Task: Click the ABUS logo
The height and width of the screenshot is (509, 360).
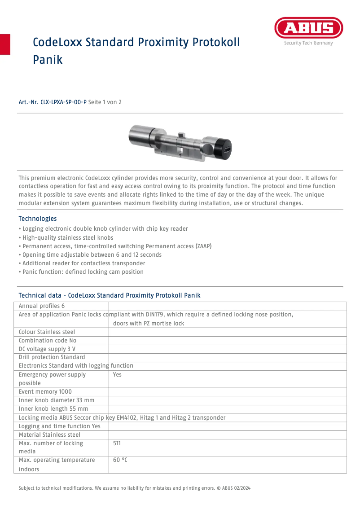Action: pos(308,29)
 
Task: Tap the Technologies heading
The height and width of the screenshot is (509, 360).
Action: pos(38,219)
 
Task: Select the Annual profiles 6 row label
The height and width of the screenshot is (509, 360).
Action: pos(42,306)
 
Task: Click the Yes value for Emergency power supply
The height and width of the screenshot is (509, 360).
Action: pos(117,374)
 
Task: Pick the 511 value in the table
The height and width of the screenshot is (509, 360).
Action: pos(117,443)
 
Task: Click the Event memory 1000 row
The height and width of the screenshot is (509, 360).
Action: pos(45,391)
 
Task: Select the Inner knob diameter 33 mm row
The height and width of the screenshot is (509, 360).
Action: pos(57,400)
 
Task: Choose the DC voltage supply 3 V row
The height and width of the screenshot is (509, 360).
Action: pos(47,349)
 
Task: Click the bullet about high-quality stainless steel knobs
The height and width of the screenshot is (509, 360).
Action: pos(68,237)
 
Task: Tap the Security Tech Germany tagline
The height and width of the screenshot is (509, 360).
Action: pos(308,43)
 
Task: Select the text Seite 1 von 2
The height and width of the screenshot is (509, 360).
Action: pos(105,102)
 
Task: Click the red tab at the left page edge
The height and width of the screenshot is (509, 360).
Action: pos(5,44)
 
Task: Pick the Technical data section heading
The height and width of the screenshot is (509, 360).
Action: pos(110,295)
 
